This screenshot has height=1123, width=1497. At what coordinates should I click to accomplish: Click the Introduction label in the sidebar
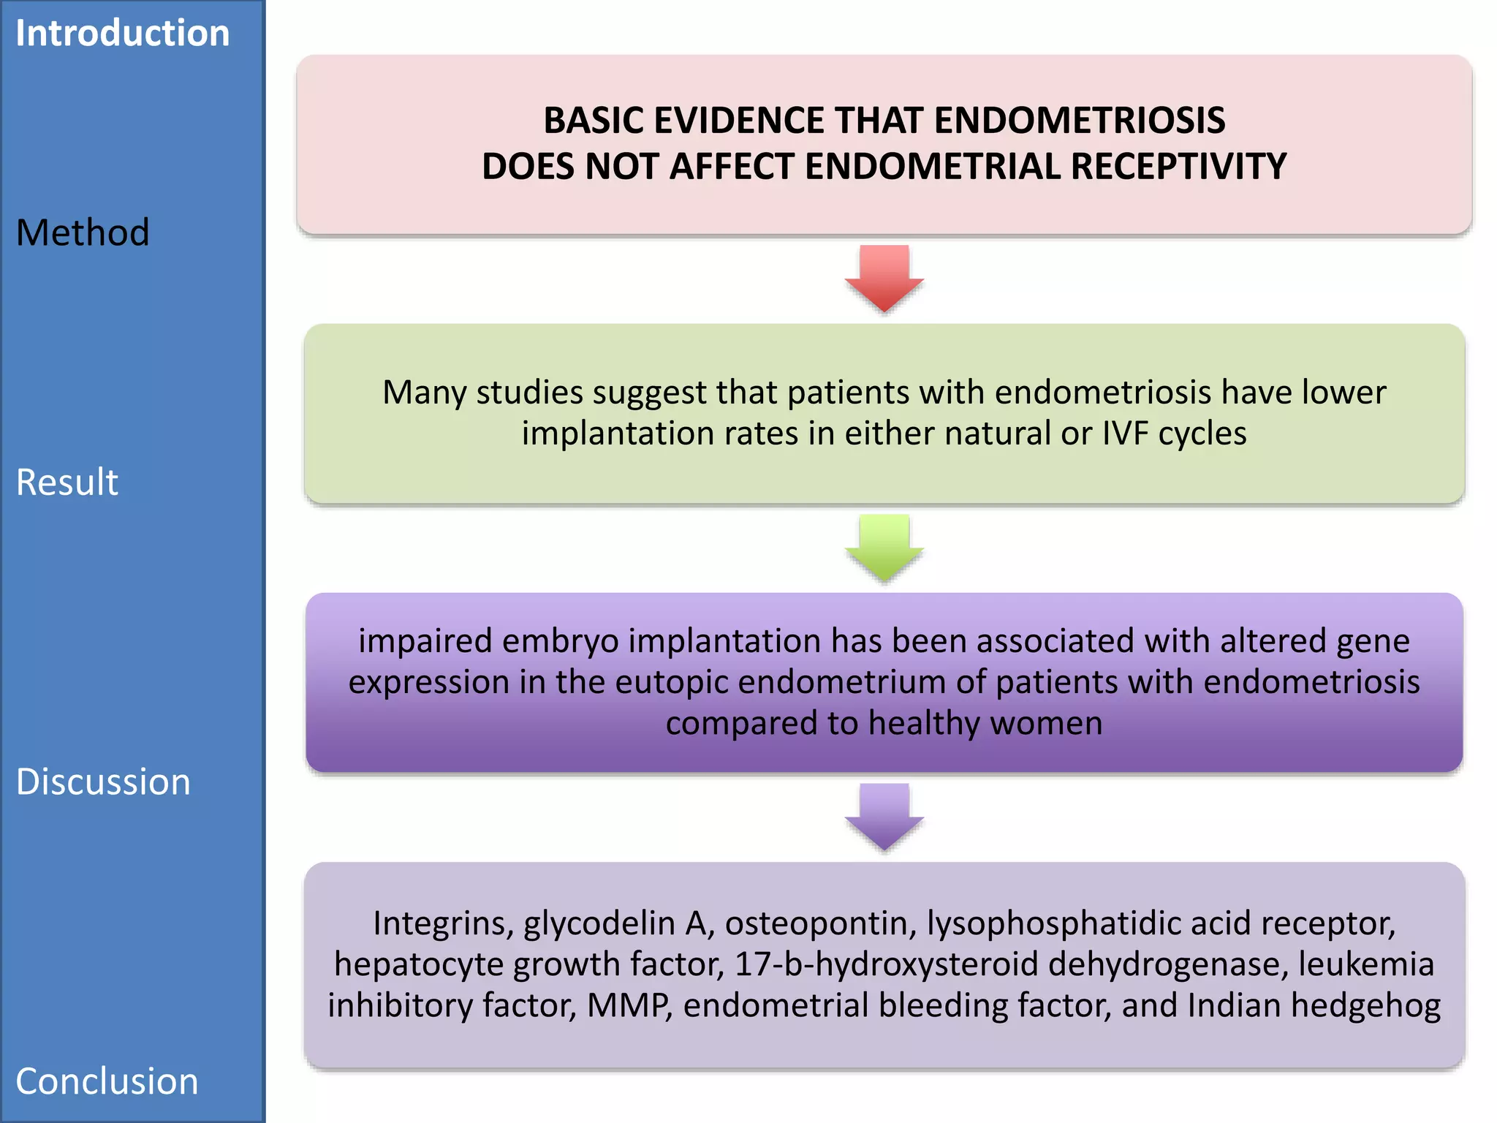coord(122,34)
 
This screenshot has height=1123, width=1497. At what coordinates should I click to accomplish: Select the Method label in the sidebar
coord(83,232)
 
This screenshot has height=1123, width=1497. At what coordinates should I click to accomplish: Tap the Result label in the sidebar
coord(67,482)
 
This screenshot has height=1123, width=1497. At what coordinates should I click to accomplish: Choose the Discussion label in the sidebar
coord(103,782)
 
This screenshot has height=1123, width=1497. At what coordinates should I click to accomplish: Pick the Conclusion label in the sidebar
coord(107,1081)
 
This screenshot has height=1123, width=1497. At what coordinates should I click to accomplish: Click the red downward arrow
coord(884,278)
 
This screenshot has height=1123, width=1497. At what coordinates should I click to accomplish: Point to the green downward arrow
coord(884,548)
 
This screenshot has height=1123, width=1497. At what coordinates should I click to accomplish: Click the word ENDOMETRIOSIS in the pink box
coord(1080,121)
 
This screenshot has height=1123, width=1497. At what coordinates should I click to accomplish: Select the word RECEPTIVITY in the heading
coord(1178,167)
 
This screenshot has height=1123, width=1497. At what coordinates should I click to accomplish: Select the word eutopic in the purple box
coord(672,682)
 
